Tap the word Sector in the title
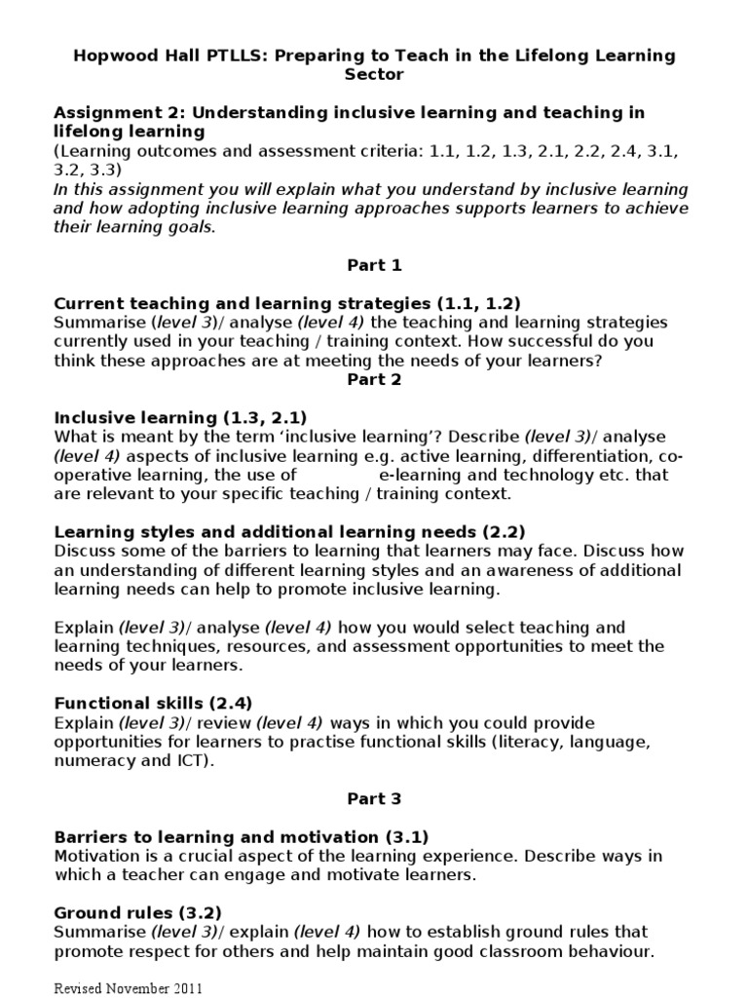tap(374, 73)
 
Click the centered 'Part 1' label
tap(374, 265)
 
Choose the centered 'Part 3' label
tap(374, 798)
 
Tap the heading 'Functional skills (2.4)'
tap(154, 703)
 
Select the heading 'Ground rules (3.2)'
tap(137, 912)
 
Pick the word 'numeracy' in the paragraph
tap(91, 760)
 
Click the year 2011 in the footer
tap(187, 987)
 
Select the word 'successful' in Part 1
tap(545, 341)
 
